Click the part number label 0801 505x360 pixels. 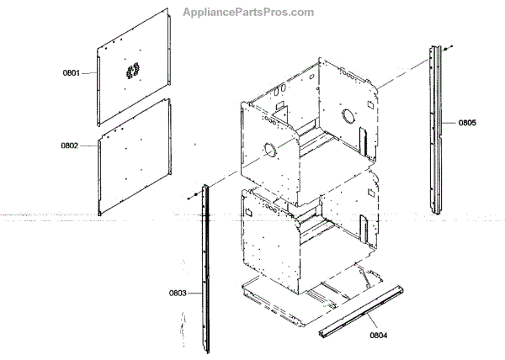click(70, 73)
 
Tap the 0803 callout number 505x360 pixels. click(177, 293)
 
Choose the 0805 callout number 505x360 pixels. click(467, 123)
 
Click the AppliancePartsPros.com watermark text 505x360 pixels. click(248, 13)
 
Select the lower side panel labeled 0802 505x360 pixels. click(135, 156)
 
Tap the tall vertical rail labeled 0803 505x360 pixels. click(205, 269)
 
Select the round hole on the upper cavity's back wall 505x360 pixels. click(347, 114)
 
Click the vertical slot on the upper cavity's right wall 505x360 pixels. click(364, 139)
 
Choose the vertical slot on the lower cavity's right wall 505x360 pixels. click(364, 227)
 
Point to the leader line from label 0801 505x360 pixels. click(89, 74)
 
